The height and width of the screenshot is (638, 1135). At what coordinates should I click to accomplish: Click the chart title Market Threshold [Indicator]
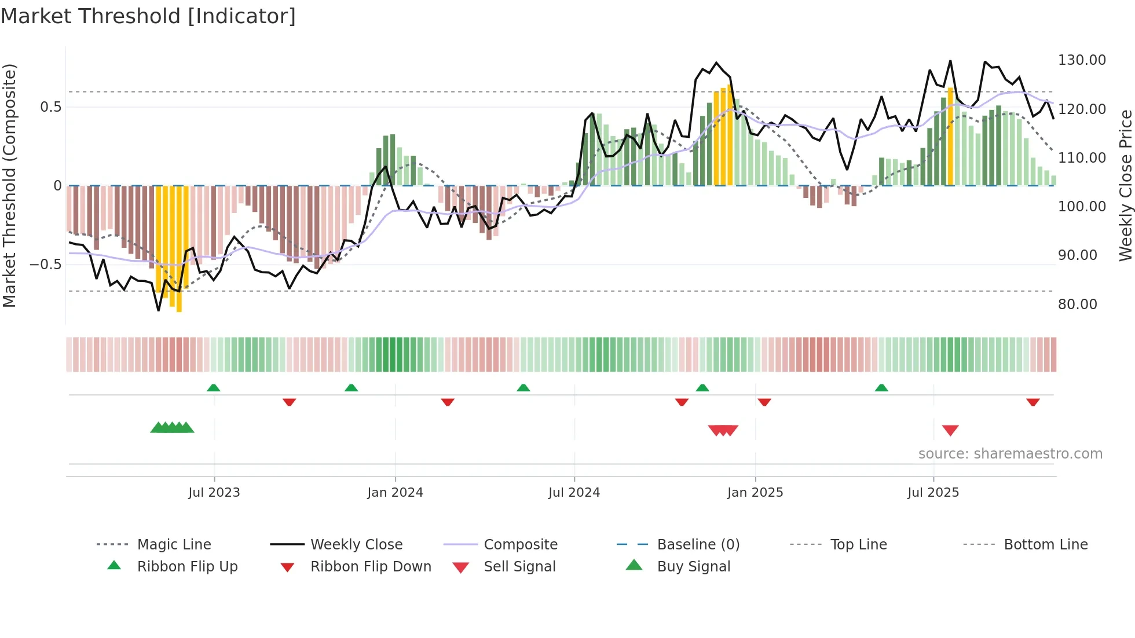(148, 16)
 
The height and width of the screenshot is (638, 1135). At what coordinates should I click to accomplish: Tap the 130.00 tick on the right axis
(1082, 60)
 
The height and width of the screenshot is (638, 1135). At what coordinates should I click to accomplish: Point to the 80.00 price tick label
(1077, 305)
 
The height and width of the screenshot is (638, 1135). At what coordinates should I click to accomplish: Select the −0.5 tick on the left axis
(46, 265)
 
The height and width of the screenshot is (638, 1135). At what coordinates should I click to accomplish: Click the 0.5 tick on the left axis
(50, 107)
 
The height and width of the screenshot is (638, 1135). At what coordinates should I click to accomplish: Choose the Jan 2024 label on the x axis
(395, 493)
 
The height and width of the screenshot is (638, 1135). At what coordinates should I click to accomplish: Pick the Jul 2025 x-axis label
(933, 493)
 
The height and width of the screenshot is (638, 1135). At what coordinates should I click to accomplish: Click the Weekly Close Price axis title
(1125, 185)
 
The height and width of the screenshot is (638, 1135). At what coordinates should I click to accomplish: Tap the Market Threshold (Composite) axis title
(9, 185)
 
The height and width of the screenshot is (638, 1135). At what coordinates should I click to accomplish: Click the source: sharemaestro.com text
(1010, 454)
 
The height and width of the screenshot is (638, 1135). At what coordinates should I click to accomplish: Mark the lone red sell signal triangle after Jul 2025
(950, 430)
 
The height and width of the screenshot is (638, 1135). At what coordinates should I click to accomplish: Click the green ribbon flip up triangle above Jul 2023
(214, 388)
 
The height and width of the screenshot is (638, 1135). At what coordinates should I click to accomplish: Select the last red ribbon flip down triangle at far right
(1033, 402)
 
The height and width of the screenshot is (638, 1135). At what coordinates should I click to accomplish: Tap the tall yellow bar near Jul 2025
(950, 136)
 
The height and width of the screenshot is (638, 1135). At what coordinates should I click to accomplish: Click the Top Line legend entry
(858, 545)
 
